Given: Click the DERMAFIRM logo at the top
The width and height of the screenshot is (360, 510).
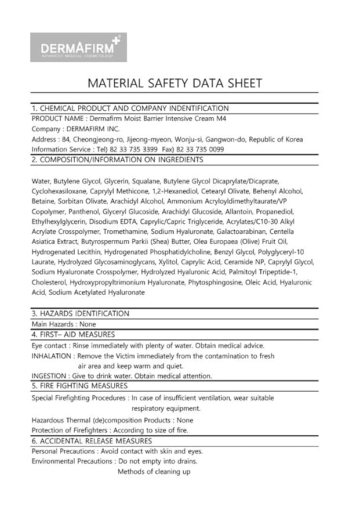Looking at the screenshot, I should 79,47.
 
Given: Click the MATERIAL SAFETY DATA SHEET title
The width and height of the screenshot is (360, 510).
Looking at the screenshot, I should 174,83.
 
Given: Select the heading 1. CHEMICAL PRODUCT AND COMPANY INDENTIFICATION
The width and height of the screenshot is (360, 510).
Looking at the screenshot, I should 130,108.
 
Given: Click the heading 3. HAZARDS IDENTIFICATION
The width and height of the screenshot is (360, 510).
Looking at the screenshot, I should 80,314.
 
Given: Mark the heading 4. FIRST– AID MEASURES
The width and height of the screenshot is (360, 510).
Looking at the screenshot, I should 73,335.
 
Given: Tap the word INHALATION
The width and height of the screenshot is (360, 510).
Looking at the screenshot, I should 52,356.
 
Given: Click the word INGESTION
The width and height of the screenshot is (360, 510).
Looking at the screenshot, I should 49,376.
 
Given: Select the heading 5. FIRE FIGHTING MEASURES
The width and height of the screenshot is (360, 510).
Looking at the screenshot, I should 79,386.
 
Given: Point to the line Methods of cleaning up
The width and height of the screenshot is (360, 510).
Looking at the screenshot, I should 154,472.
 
